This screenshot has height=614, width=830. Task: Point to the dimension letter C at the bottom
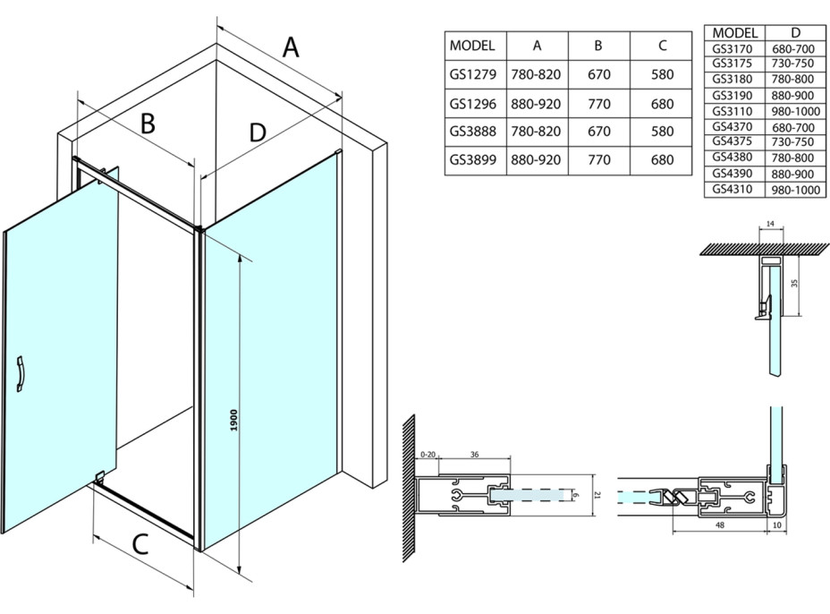click(140, 544)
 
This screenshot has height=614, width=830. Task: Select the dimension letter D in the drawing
click(258, 132)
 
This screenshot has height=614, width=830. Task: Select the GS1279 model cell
click(474, 74)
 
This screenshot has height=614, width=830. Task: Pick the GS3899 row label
click(474, 160)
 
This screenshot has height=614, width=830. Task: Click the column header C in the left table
click(662, 46)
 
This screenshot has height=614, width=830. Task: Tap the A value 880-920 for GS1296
click(537, 104)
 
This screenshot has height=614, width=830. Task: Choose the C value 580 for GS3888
click(662, 132)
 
